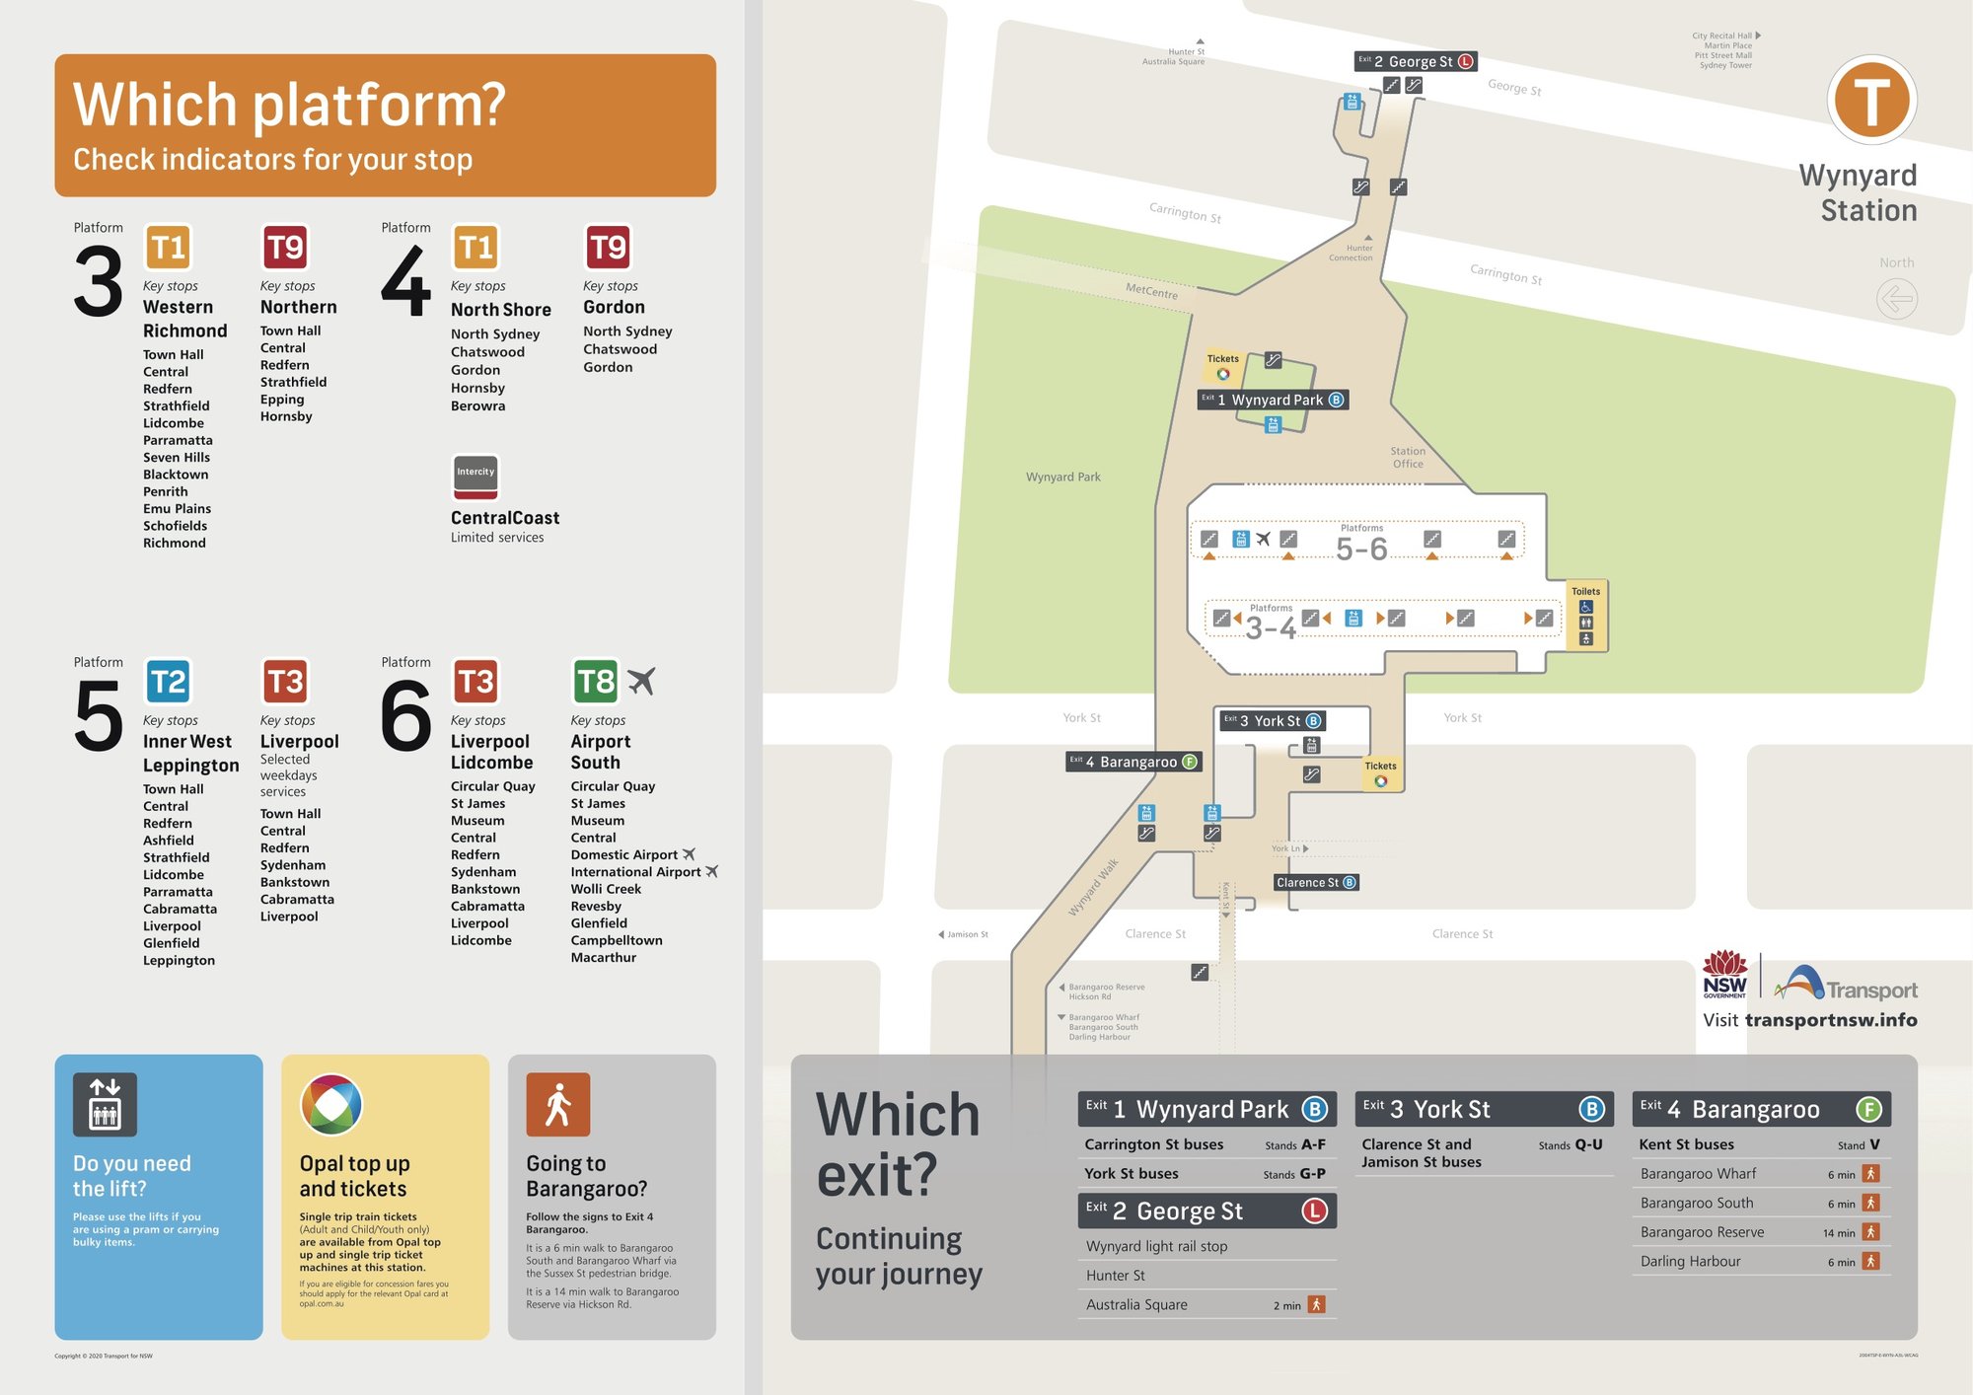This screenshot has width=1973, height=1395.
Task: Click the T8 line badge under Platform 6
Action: pyautogui.click(x=596, y=682)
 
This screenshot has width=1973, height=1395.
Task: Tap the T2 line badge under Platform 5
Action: pyautogui.click(x=168, y=682)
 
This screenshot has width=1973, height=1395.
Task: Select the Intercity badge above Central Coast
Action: pyautogui.click(x=475, y=477)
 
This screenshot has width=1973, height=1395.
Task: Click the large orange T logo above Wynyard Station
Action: pyautogui.click(x=1871, y=101)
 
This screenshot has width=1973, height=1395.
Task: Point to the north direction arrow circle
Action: pyautogui.click(x=1896, y=299)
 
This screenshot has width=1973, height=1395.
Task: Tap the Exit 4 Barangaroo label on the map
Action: pyautogui.click(x=1133, y=762)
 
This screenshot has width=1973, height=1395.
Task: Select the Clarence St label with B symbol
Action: pyautogui.click(x=1316, y=883)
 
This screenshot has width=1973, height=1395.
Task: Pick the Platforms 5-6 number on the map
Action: pyautogui.click(x=1361, y=549)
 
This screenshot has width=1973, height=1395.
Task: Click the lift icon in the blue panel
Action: pyautogui.click(x=105, y=1105)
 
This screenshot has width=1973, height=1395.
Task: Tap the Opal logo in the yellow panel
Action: pyautogui.click(x=331, y=1105)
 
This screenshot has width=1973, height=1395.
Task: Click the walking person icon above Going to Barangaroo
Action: pyautogui.click(x=558, y=1105)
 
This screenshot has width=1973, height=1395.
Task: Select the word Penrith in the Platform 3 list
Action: pyautogui.click(x=165, y=491)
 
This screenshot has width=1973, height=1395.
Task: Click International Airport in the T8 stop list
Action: pyautogui.click(x=635, y=872)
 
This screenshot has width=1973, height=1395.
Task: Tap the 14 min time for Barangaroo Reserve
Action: pyautogui.click(x=1839, y=1233)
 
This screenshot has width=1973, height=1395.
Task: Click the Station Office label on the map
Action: pyautogui.click(x=1408, y=458)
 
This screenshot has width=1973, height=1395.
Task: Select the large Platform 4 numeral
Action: pyautogui.click(x=405, y=283)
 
